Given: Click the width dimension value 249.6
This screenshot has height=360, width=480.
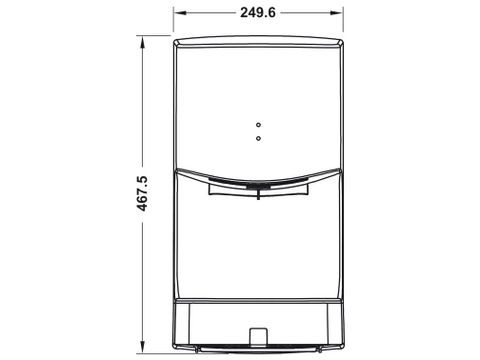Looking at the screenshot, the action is tap(258, 13).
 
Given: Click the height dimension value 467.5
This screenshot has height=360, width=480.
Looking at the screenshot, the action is tap(142, 193).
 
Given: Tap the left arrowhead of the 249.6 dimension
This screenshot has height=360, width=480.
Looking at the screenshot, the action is tap(180, 13).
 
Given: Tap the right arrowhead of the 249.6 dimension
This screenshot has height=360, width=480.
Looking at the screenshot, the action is tap(336, 13).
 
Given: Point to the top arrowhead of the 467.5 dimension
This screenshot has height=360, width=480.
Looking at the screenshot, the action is tap(143, 42).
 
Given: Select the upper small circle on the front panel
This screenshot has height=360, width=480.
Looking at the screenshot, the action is tap(258, 125).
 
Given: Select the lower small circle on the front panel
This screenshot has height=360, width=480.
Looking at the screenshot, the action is tap(258, 138).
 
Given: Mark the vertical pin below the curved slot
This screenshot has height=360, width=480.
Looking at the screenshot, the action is tap(258, 194).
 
